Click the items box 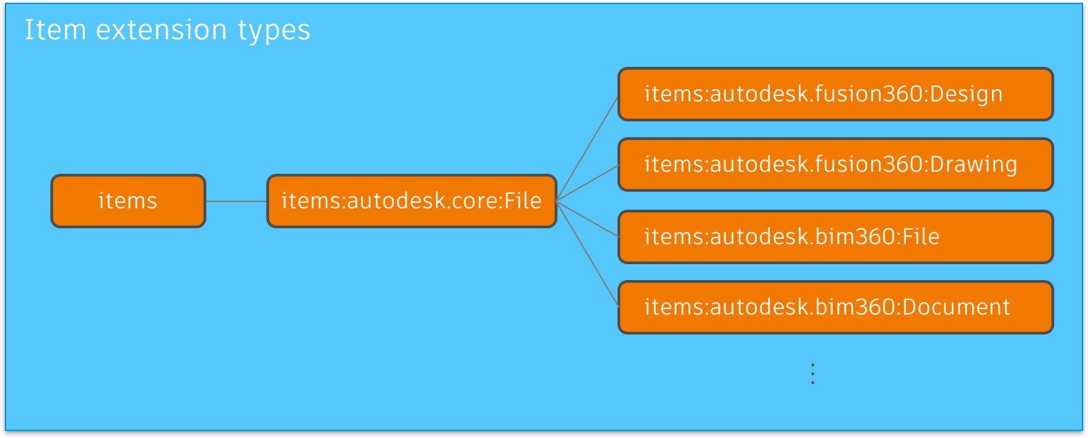pyautogui.click(x=128, y=201)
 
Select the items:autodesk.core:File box pyautogui.click(x=411, y=201)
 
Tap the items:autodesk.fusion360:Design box pyautogui.click(x=835, y=94)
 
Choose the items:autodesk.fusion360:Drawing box pyautogui.click(x=835, y=164)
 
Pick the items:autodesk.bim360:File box pyautogui.click(x=835, y=237)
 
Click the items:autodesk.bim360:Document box pyautogui.click(x=835, y=307)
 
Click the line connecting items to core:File pyautogui.click(x=236, y=201)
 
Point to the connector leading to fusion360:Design pyautogui.click(x=587, y=148)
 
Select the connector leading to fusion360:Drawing pyautogui.click(x=587, y=183)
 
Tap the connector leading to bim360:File pyautogui.click(x=587, y=219)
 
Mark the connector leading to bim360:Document pyautogui.click(x=587, y=253)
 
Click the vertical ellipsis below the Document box pyautogui.click(x=813, y=374)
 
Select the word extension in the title pyautogui.click(x=161, y=30)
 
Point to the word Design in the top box pyautogui.click(x=966, y=94)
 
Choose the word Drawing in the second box pyautogui.click(x=973, y=164)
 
